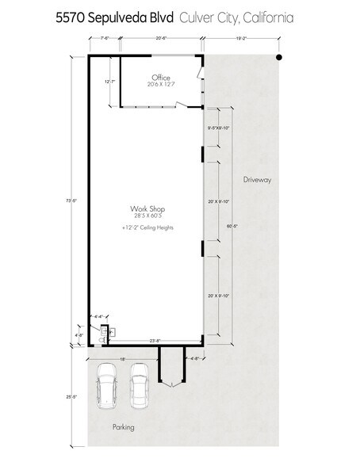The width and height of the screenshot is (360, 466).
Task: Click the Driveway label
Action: (258, 181)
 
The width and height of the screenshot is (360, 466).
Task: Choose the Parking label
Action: (123, 427)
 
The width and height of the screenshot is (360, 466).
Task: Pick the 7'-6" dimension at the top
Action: (103, 37)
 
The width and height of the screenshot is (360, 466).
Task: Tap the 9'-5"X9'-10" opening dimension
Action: (217, 128)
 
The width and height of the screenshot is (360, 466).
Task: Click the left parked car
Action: (106, 384)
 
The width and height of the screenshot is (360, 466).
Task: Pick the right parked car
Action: (140, 384)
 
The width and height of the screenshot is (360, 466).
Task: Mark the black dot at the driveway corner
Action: (279, 58)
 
